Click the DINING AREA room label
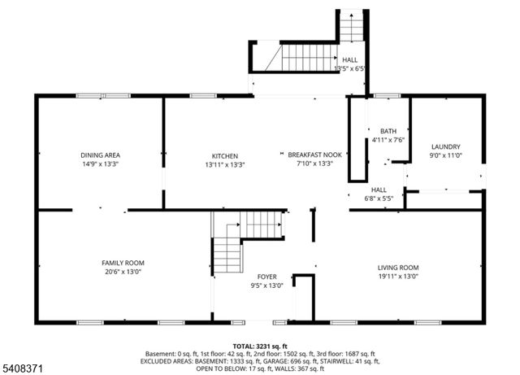tap(101, 155)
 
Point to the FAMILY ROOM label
tap(123, 263)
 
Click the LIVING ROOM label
tap(397, 268)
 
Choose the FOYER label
tap(267, 277)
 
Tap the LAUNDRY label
tap(445, 146)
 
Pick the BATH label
tap(388, 131)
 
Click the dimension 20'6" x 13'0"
tap(123, 273)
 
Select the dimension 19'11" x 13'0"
tap(397, 277)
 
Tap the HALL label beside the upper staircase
tap(349, 60)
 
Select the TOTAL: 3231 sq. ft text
tap(259, 346)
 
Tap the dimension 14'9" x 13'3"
tap(101, 164)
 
